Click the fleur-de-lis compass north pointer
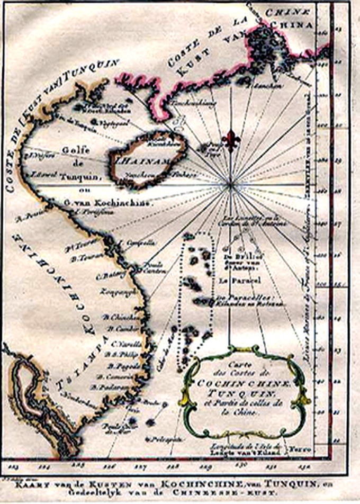[x=231, y=140]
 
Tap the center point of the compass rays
[x=231, y=185]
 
